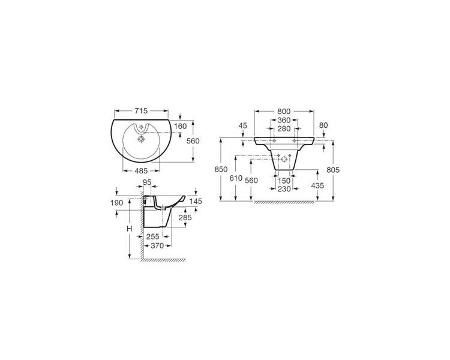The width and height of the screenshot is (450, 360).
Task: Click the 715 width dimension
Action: pyautogui.click(x=141, y=111)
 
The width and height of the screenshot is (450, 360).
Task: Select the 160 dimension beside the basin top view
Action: pyautogui.click(x=180, y=127)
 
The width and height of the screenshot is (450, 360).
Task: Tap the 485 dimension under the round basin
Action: pyautogui.click(x=141, y=171)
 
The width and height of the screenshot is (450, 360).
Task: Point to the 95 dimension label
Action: pyautogui.click(x=147, y=182)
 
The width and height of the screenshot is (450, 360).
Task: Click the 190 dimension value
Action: pyautogui.click(x=117, y=203)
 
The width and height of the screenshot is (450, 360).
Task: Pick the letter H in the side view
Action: pyautogui.click(x=130, y=229)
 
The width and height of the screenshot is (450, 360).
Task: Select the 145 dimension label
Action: pyautogui.click(x=196, y=202)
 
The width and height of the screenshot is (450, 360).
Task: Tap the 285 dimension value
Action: pyautogui.click(x=185, y=218)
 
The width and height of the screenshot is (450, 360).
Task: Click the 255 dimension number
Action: pyautogui.click(x=152, y=236)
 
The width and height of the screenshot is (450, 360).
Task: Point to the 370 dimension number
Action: pyautogui.click(x=157, y=246)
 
